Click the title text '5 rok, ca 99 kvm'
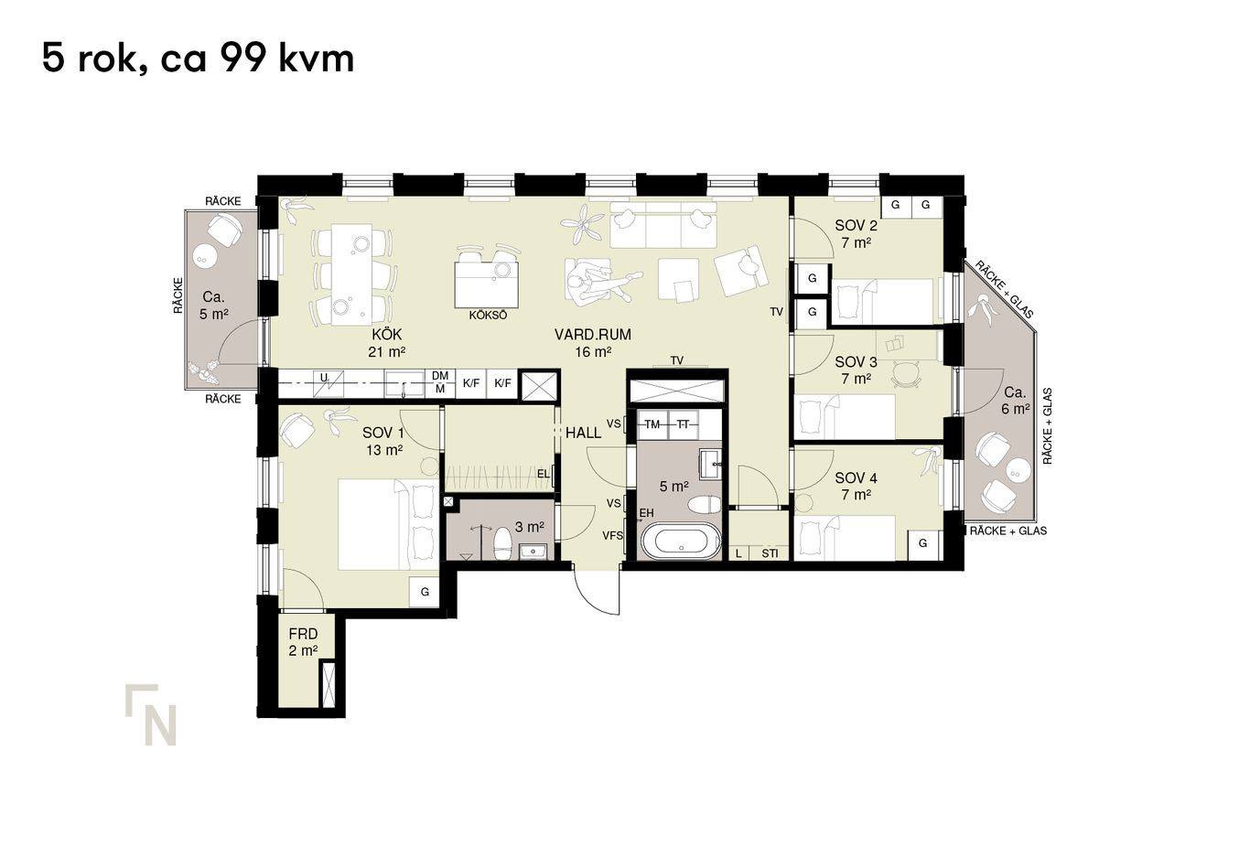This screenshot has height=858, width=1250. pyautogui.click(x=198, y=59)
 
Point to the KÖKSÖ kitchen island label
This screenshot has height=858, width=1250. pyautogui.click(x=488, y=315)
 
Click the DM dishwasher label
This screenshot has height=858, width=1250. pyautogui.click(x=440, y=376)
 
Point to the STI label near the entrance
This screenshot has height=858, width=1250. pyautogui.click(x=770, y=553)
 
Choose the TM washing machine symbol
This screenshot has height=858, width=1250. pyautogui.click(x=652, y=424)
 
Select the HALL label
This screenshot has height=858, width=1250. pyautogui.click(x=584, y=433)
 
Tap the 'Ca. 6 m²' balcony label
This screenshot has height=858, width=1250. pyautogui.click(x=1015, y=401)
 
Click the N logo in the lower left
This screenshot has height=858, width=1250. pyautogui.click(x=151, y=714)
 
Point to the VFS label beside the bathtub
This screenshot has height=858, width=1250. pyautogui.click(x=612, y=536)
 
